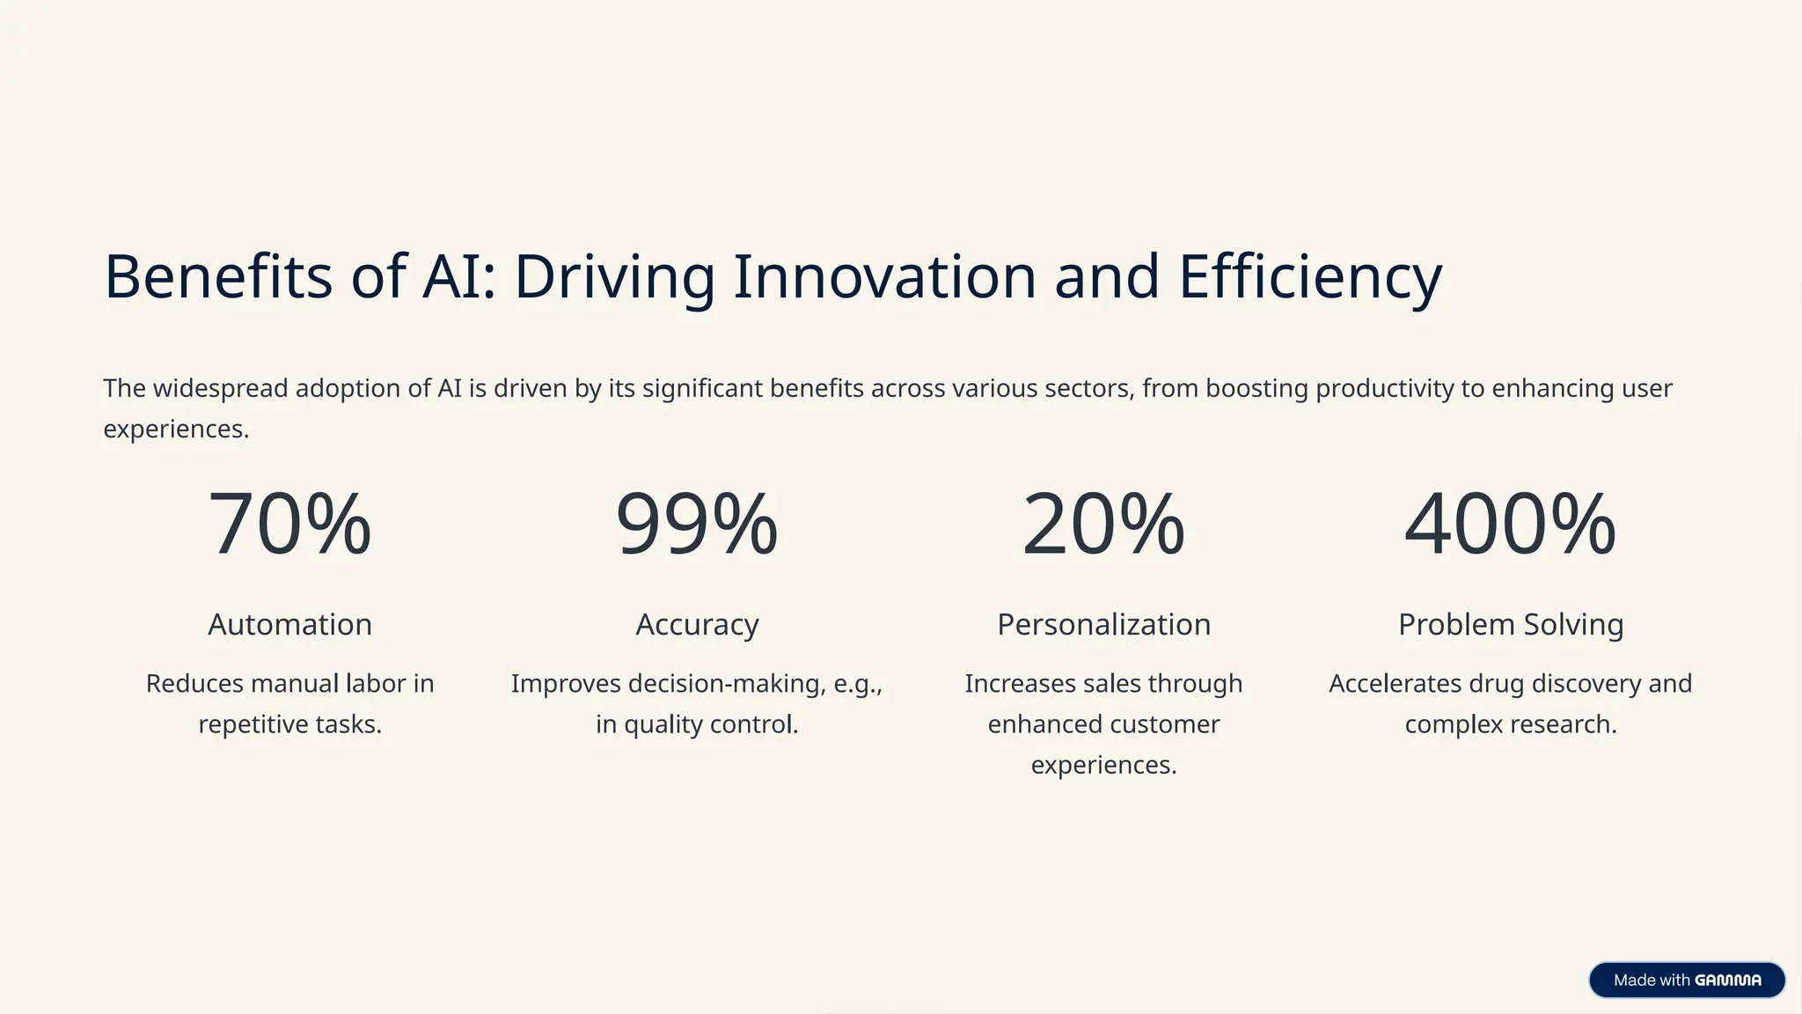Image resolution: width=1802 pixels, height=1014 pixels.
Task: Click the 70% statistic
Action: coord(289,525)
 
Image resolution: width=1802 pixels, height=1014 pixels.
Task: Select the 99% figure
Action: coord(696,525)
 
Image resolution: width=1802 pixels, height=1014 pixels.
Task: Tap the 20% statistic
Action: coord(1103,525)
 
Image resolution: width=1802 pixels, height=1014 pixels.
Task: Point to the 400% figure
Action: coord(1510,525)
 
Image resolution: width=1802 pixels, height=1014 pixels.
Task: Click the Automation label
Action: coord(289,624)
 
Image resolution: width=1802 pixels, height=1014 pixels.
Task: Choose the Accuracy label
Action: coord(697,625)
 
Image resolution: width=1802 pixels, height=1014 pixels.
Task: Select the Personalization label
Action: coord(1103,624)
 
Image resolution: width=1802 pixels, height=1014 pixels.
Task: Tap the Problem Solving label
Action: coord(1510,624)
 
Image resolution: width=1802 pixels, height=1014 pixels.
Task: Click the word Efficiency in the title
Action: coord(1310,278)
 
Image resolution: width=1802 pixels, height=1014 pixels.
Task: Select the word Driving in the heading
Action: coord(614,278)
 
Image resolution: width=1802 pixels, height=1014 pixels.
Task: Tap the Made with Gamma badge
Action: coord(1686,980)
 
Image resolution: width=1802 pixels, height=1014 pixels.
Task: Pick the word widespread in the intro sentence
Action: coord(220,388)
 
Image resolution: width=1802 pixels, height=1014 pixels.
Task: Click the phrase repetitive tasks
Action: coord(289,724)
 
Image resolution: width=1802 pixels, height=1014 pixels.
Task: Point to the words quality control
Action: coord(711,724)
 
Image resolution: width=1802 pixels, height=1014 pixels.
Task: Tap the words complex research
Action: coord(1510,724)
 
